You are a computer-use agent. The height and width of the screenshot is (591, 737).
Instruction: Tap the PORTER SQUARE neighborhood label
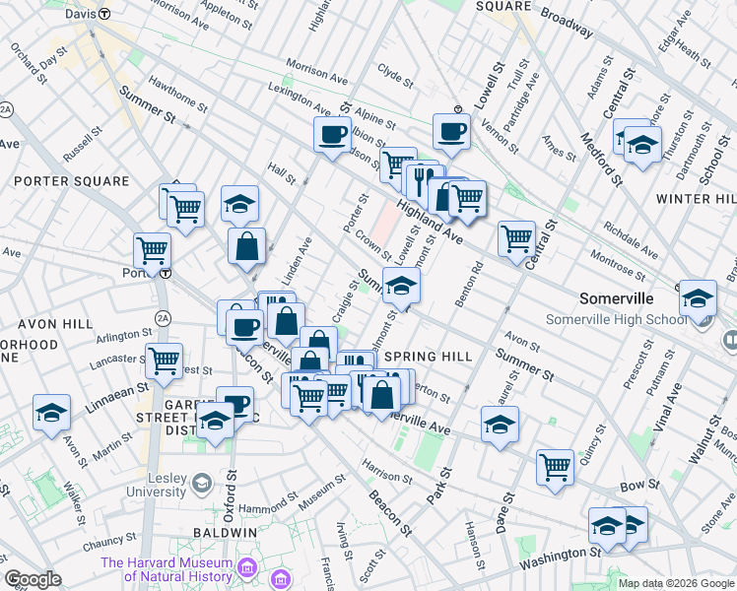pos(71,181)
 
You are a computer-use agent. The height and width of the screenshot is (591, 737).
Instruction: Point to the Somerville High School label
pos(617,320)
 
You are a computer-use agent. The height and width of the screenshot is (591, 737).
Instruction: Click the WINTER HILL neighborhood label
pos(698,199)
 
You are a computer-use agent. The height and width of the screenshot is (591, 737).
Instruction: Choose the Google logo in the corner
pos(33,580)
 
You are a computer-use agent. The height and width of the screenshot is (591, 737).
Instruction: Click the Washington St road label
pos(560,557)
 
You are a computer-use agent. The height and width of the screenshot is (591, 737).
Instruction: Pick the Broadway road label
pos(564,24)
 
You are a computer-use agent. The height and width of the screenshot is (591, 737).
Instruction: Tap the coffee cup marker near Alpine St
pos(332,133)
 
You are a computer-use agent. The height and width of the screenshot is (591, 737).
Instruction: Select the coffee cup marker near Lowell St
pos(451,130)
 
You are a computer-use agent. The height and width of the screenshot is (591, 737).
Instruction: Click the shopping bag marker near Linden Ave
pos(246,245)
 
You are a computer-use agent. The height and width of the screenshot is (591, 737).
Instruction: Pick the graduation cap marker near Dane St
pos(500,424)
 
